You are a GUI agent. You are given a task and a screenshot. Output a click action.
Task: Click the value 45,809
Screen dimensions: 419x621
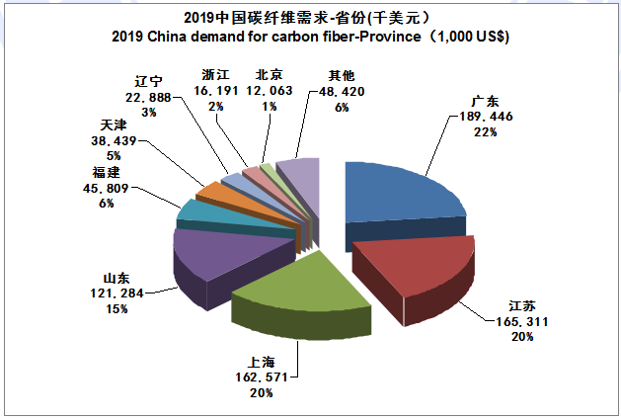click(x=106, y=187)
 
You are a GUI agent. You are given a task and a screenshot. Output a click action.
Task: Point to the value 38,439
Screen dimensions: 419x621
click(x=116, y=141)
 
